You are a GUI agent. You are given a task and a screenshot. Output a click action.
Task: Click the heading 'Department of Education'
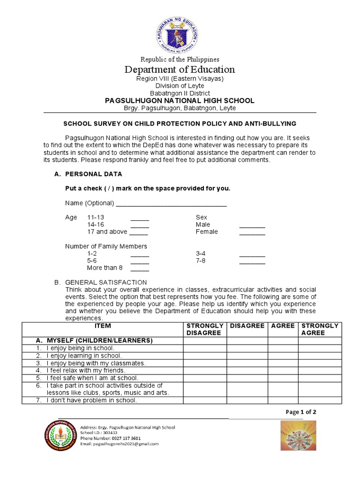[180, 70]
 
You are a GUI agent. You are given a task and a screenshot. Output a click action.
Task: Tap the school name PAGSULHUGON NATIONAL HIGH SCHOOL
[180, 101]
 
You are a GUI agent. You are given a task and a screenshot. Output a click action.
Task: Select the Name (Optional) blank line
[171, 204]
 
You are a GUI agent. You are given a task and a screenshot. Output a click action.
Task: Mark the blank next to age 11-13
[140, 218]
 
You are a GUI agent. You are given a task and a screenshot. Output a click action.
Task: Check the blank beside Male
[252, 225]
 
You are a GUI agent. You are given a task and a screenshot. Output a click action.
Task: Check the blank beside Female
[252, 232]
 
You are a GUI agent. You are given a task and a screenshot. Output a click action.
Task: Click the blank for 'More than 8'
[140, 269]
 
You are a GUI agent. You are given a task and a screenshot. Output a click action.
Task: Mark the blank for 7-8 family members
[252, 261]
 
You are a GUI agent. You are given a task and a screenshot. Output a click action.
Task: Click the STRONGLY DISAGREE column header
[205, 329]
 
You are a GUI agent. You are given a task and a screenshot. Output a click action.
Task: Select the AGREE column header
[283, 326]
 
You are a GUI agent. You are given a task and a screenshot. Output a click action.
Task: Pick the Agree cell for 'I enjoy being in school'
[283, 348]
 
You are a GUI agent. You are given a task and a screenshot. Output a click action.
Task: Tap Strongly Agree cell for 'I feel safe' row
[320, 378]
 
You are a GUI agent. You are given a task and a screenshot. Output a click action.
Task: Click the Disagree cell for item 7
[247, 400]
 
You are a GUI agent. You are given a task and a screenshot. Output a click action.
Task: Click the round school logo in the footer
[60, 436]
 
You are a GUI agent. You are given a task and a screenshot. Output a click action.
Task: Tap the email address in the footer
[120, 443]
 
